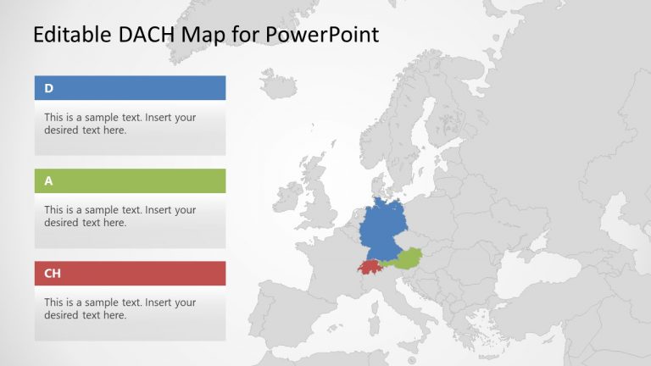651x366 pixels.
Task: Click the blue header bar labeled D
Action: pyautogui.click(x=130, y=88)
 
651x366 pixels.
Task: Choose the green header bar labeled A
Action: pyautogui.click(x=130, y=180)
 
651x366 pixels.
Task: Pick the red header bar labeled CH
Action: pyautogui.click(x=130, y=273)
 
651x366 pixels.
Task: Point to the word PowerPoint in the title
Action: pyautogui.click(x=321, y=35)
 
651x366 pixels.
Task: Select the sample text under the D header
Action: pyautogui.click(x=120, y=124)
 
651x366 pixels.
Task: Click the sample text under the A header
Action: pyautogui.click(x=120, y=216)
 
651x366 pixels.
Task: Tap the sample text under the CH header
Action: pyautogui.click(x=120, y=308)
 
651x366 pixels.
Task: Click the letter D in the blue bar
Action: pyautogui.click(x=48, y=88)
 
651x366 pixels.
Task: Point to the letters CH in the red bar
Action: pyautogui.click(x=53, y=273)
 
